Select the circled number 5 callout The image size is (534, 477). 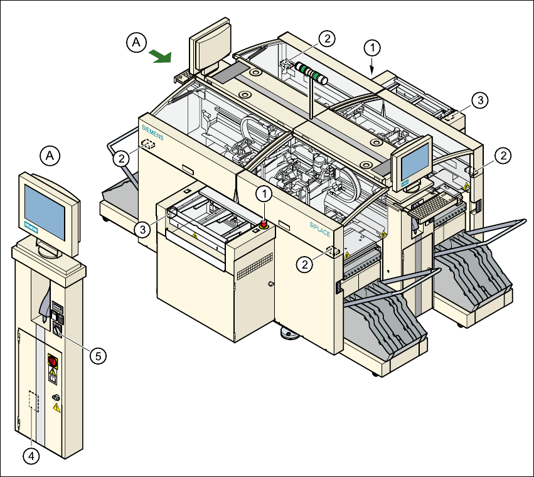pos(97,355)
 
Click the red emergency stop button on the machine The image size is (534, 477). pos(264,222)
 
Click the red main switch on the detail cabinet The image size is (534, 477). pos(53,362)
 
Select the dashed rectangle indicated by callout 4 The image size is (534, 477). pos(34,400)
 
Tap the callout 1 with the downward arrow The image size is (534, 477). pos(373,47)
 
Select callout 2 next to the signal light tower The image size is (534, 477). pos(326,38)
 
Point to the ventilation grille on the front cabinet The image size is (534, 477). pos(254,265)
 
